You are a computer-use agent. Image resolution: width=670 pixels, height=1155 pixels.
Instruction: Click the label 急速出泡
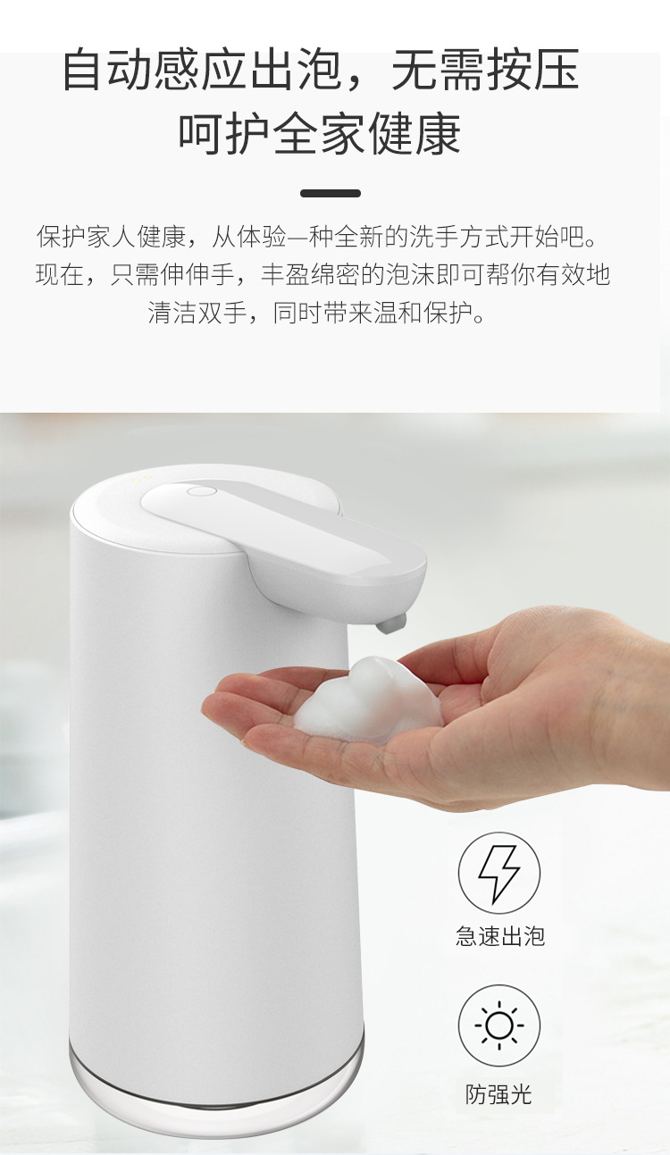(x=499, y=935)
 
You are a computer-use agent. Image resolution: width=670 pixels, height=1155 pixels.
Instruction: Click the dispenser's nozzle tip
(x=391, y=624)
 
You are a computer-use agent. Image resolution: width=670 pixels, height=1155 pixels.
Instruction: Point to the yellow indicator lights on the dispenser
(x=142, y=478)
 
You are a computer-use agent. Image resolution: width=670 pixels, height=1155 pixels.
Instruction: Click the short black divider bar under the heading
(x=331, y=193)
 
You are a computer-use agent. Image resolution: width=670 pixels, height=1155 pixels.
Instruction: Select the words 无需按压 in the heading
(x=485, y=70)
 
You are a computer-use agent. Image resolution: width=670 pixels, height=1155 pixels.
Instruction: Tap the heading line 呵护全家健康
(x=320, y=133)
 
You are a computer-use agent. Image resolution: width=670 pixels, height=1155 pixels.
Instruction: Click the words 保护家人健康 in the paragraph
(x=111, y=236)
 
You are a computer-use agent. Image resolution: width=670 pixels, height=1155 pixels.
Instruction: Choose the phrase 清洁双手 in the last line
(x=197, y=312)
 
